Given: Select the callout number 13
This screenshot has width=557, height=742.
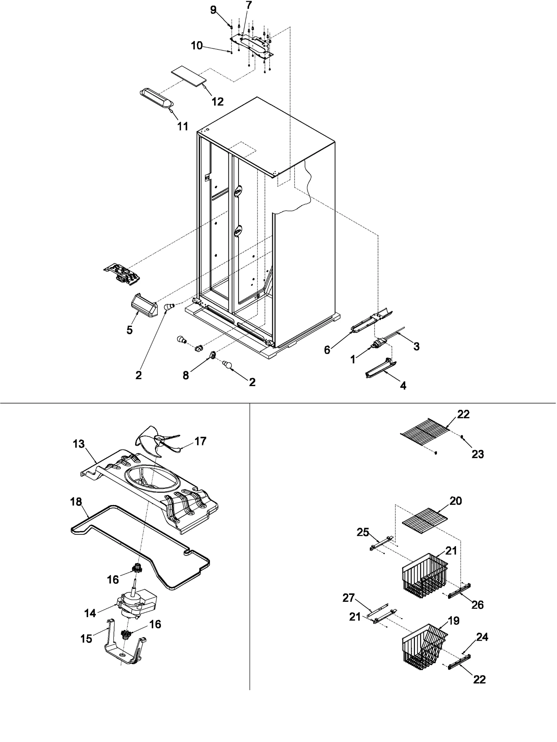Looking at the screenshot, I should pos(79,444).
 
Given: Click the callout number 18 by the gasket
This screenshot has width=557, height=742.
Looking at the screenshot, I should pos(76,502).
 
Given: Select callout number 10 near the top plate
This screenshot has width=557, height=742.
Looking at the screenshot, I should pos(197,46).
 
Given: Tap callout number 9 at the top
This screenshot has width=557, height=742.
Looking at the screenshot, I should pos(213,10).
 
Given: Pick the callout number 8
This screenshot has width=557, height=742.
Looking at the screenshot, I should pos(186,375).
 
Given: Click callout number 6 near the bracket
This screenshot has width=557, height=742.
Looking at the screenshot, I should pos(327,350).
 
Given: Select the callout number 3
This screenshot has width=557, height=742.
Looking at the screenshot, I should pos(416,346).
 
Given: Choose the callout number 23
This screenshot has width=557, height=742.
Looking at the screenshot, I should pos(478,454).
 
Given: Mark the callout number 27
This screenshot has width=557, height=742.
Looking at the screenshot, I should pos(348,598).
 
